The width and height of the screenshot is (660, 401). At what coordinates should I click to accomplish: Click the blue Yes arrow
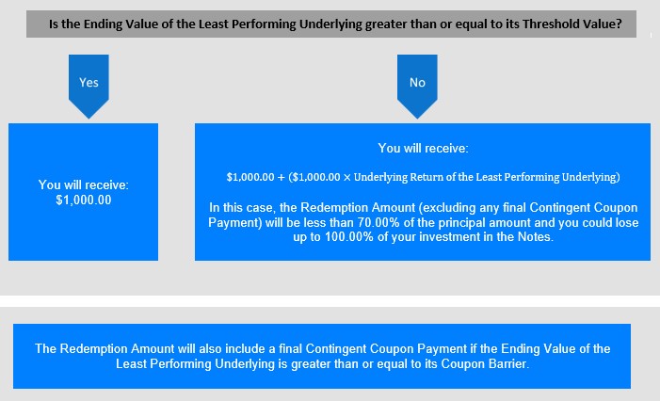(89, 84)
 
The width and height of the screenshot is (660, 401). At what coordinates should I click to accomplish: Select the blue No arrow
(417, 84)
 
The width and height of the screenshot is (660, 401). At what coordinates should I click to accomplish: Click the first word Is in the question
(54, 24)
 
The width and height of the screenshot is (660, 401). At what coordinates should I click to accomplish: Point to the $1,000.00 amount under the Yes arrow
(84, 200)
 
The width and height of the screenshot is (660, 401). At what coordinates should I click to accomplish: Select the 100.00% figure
(349, 237)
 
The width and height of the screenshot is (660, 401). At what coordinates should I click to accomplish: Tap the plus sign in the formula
(282, 177)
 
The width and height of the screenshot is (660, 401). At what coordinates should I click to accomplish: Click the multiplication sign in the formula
(346, 178)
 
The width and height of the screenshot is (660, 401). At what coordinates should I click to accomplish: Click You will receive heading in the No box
(423, 148)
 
